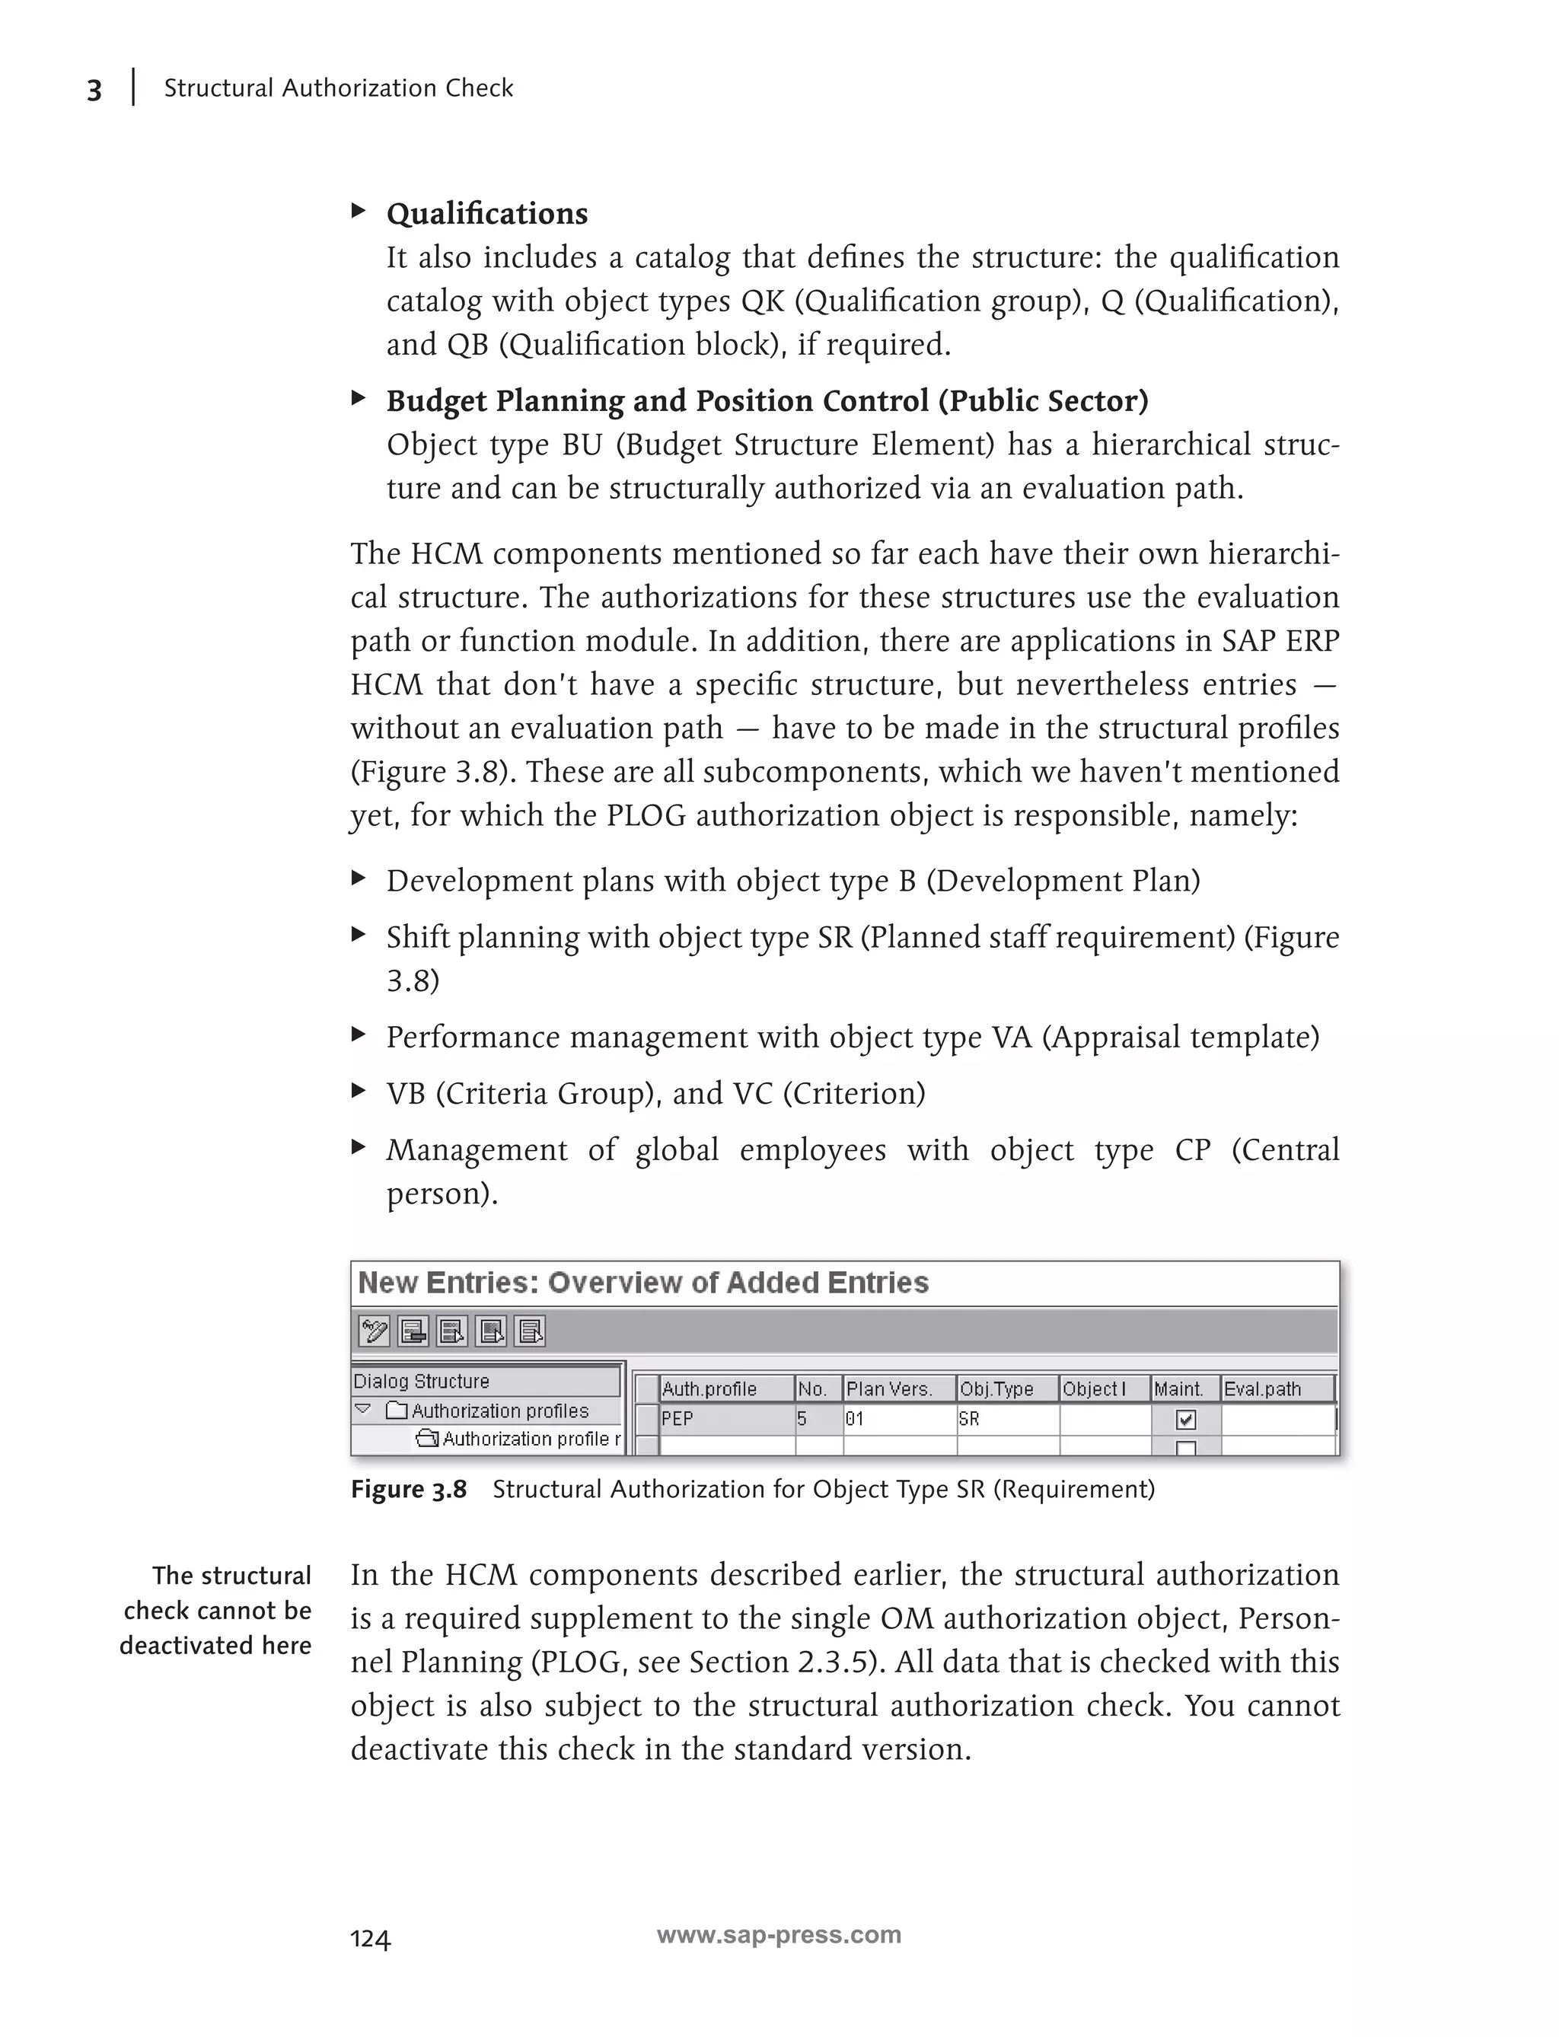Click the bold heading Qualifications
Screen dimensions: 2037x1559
pyautogui.click(x=486, y=215)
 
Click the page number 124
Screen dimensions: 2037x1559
pyautogui.click(x=370, y=1940)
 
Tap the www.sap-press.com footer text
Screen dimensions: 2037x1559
pyautogui.click(x=779, y=1935)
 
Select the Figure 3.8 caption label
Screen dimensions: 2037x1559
pyautogui.click(x=408, y=1490)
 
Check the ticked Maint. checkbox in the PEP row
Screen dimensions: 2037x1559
pyautogui.click(x=1185, y=1420)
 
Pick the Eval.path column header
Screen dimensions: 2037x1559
pyautogui.click(x=1262, y=1389)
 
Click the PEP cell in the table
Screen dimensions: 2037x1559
pyautogui.click(x=677, y=1419)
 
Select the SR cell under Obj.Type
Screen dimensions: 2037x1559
pyautogui.click(x=969, y=1419)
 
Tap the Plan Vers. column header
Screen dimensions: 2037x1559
pyautogui.click(x=888, y=1389)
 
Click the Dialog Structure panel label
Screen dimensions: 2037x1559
pyautogui.click(x=421, y=1381)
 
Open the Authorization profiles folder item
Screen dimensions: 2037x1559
pyautogui.click(x=499, y=1411)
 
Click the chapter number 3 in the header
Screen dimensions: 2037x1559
pyautogui.click(x=94, y=91)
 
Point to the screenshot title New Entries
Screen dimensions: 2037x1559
pyautogui.click(x=642, y=1283)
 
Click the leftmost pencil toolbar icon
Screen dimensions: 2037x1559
pyautogui.click(x=374, y=1331)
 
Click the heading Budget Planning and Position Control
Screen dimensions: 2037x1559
pyautogui.click(x=767, y=401)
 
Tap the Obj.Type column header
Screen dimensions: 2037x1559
pyautogui.click(x=996, y=1389)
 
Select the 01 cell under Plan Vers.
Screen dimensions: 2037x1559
pyautogui.click(x=854, y=1419)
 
